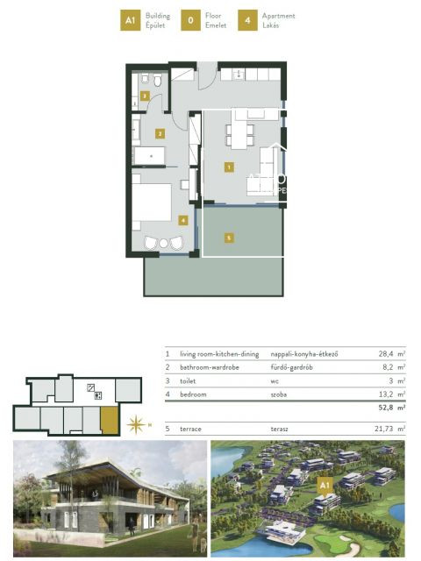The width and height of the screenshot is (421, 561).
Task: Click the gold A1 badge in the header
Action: pyautogui.click(x=130, y=20)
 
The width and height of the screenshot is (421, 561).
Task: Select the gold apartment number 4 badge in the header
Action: pyautogui.click(x=250, y=20)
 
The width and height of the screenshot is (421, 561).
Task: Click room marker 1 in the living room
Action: pyautogui.click(x=228, y=166)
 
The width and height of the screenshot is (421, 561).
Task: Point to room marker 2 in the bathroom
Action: pyautogui.click(x=160, y=134)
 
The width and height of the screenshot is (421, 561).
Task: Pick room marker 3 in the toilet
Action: pyautogui.click(x=146, y=96)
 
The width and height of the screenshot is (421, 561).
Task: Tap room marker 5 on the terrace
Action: pyautogui.click(x=227, y=237)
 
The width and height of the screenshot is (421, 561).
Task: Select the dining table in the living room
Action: pyautogui.click(x=239, y=133)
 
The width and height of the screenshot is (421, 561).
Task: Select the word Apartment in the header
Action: pyautogui.click(x=278, y=16)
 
